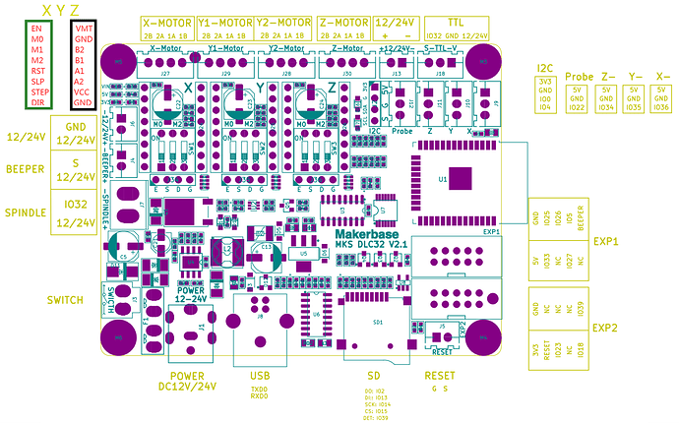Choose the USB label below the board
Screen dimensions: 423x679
(x=257, y=376)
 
